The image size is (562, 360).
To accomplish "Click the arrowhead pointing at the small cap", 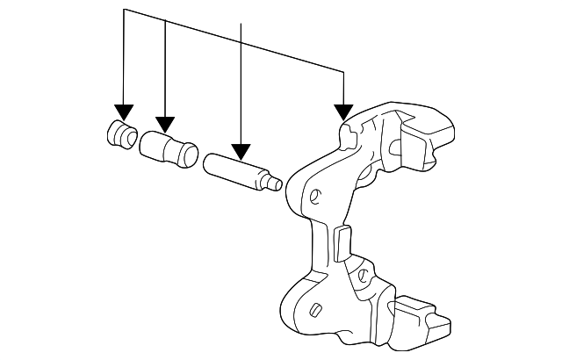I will pos(124,112).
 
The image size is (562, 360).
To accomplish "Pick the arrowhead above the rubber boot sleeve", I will pos(165,123).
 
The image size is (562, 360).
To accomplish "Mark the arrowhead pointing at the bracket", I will pos(342,113).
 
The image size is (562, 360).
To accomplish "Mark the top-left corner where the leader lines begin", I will pos(124,11).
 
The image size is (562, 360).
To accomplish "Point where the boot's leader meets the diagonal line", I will pos(165,21).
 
